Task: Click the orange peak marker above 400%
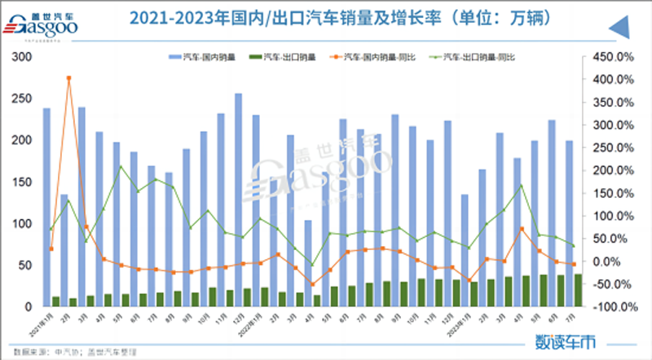pos(68,78)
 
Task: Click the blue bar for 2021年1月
pos(46,207)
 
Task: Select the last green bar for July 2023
pos(579,290)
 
